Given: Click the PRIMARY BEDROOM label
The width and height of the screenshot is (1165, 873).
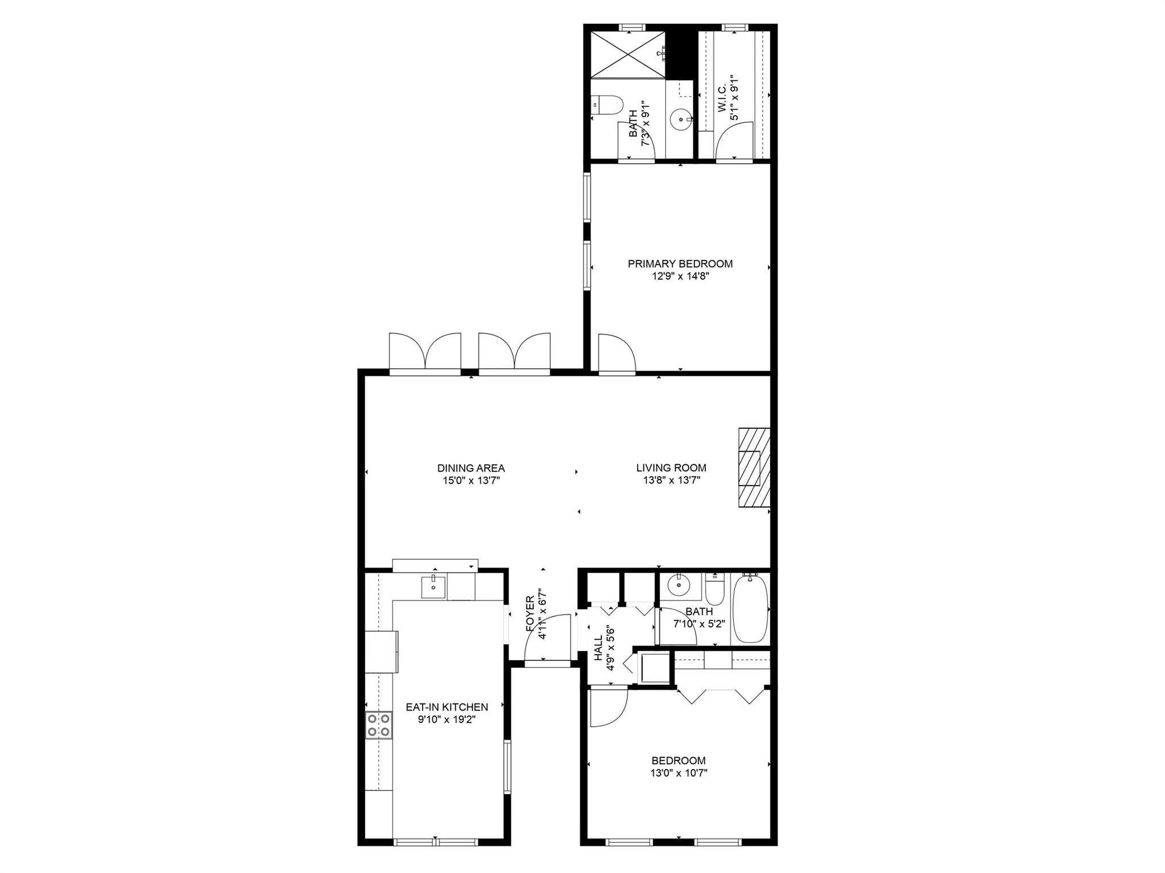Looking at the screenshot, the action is click(x=680, y=264).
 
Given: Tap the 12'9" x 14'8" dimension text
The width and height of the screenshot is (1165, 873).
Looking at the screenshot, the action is click(x=680, y=276).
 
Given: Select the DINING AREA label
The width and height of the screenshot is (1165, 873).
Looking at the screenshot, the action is click(x=471, y=469).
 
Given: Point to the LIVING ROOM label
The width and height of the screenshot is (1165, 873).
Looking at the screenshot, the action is click(x=671, y=468).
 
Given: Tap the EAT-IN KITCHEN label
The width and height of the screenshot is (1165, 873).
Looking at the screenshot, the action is click(x=447, y=707).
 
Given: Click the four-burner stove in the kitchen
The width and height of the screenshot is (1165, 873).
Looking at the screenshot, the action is click(x=378, y=725).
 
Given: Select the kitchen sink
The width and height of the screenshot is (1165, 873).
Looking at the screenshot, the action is click(x=434, y=586).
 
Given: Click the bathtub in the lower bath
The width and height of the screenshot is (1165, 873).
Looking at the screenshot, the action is click(x=750, y=609).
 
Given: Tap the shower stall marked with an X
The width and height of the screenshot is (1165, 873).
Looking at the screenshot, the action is click(x=628, y=55).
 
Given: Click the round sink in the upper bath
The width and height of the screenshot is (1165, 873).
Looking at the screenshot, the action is click(x=680, y=120).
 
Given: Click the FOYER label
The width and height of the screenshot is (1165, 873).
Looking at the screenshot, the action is click(x=530, y=614).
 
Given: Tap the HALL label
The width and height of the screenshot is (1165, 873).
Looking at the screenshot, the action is click(x=598, y=648).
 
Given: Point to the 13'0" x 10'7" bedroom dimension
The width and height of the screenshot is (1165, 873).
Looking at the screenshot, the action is click(x=679, y=773).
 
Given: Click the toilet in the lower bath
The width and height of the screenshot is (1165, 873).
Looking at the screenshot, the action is click(x=714, y=589).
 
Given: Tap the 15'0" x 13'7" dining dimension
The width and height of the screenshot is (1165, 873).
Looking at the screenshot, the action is click(x=471, y=481).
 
